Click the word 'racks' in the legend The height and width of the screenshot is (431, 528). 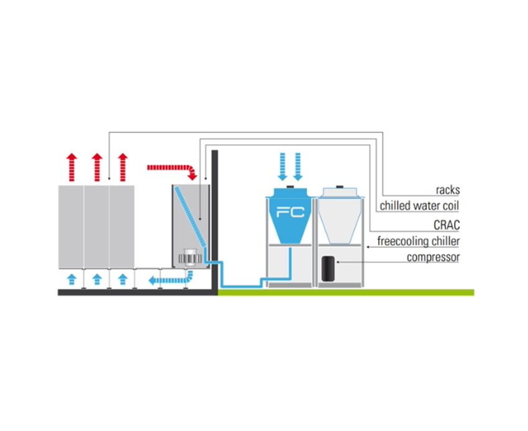[x=448, y=191]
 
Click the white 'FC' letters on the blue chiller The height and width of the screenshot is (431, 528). [x=290, y=212]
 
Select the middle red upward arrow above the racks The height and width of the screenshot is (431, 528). [x=97, y=166]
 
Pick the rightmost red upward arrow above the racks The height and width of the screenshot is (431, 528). [x=122, y=166]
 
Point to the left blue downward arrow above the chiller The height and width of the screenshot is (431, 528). [x=283, y=167]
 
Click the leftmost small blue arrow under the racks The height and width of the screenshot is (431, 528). [x=71, y=278]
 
